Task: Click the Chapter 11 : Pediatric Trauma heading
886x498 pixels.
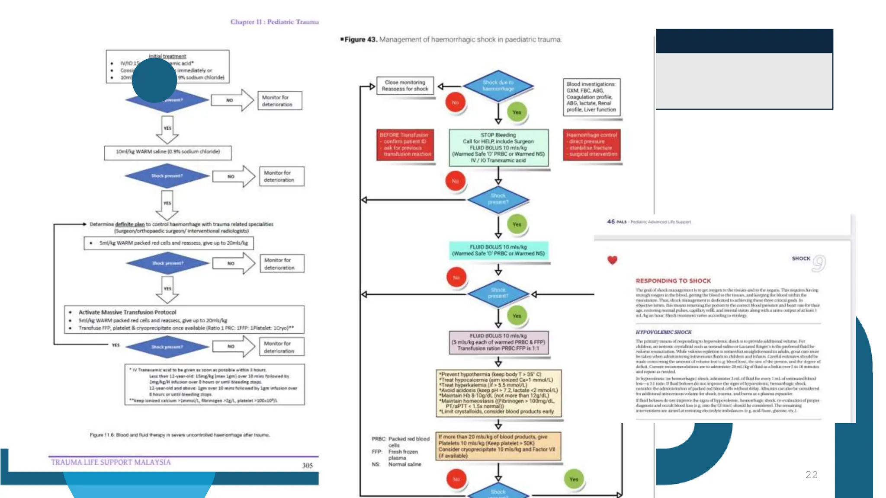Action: coord(274,22)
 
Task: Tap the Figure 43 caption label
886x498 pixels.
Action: coord(360,39)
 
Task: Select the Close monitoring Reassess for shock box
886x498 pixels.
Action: coord(405,86)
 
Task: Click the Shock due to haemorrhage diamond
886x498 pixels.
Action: coord(498,86)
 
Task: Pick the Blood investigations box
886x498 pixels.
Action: coord(591,97)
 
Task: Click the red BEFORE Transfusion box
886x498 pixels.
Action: coord(405,144)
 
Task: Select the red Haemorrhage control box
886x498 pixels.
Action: coord(591,144)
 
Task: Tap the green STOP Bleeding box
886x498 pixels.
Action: coord(498,147)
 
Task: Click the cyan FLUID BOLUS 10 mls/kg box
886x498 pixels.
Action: coord(498,250)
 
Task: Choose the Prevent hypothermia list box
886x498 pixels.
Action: coord(498,393)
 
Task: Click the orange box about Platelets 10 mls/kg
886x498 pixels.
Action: coord(498,446)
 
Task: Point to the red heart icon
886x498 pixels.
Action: coord(612,260)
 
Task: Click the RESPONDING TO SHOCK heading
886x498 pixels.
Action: coord(673,281)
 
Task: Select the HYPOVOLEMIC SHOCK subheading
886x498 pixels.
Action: coord(664,332)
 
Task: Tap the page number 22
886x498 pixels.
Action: coord(811,475)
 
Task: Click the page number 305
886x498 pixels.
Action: coord(307,466)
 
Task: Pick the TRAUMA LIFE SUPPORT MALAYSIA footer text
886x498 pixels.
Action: coord(111,462)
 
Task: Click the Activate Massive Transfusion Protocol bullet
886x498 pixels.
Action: coord(127,312)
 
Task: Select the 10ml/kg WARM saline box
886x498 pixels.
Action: coord(168,152)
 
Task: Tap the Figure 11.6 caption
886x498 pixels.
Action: coord(180,435)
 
